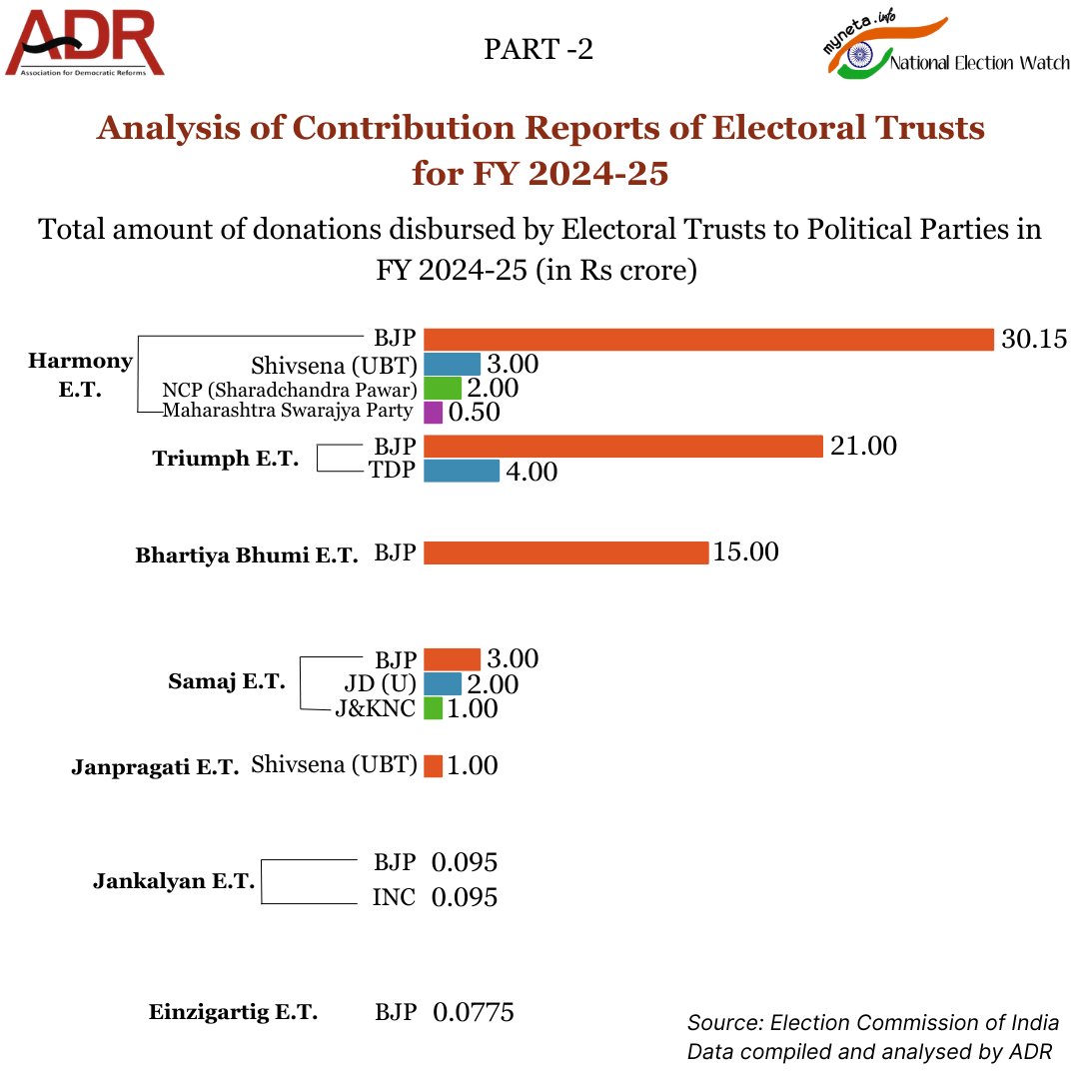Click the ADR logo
tap(85, 44)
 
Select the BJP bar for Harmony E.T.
tap(708, 340)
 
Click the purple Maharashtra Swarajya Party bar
tap(434, 412)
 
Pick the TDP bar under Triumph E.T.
tap(461, 471)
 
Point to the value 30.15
tap(1034, 340)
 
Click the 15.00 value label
tap(744, 551)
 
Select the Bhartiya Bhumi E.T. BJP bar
tap(565, 552)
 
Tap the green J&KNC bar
tap(433, 708)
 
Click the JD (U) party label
tap(380, 684)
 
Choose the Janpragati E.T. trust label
tap(155, 768)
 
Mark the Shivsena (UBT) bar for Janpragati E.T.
tap(433, 766)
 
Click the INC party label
tap(394, 897)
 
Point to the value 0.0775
tap(474, 1013)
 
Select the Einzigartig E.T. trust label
tap(233, 1012)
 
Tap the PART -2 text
tap(539, 49)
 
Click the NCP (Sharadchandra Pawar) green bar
tap(442, 388)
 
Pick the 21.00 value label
tap(863, 446)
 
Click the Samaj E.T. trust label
tap(226, 683)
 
